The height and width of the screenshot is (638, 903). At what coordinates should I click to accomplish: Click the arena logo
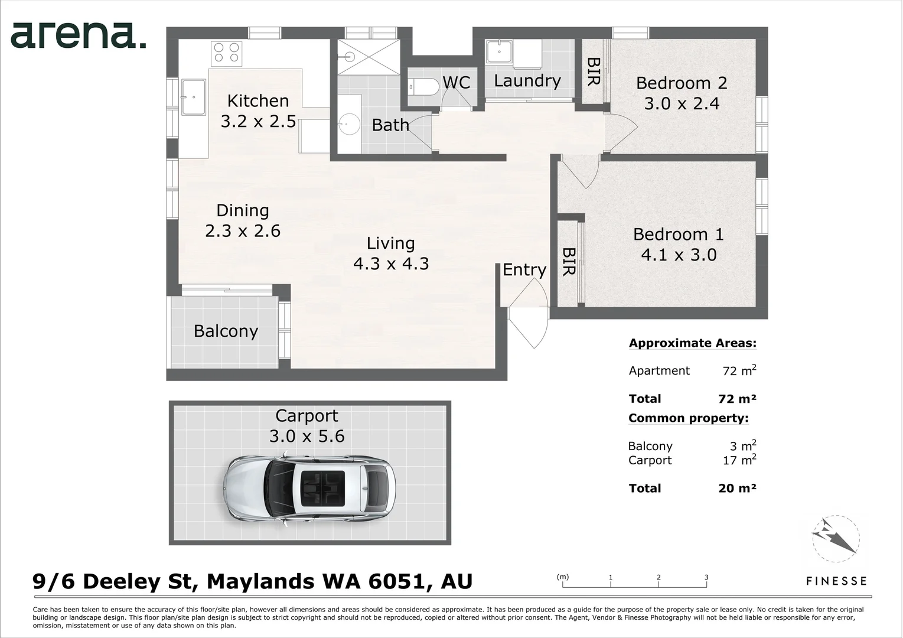click(x=78, y=35)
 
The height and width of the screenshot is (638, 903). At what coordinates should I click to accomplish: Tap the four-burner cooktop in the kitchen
click(x=227, y=54)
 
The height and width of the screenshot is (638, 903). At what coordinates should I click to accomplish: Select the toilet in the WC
click(x=423, y=87)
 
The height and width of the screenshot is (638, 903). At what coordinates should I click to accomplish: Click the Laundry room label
click(x=527, y=81)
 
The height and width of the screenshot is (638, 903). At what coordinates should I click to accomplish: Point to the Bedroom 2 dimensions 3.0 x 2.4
click(x=682, y=103)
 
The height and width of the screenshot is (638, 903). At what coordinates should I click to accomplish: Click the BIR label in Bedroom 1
click(x=569, y=262)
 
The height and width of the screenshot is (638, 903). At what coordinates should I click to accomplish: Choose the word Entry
click(x=524, y=270)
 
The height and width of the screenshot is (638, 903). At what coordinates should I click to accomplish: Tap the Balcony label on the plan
click(x=226, y=331)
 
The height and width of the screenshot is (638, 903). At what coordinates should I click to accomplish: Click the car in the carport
click(x=309, y=489)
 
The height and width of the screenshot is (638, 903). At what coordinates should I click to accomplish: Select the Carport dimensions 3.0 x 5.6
click(x=307, y=437)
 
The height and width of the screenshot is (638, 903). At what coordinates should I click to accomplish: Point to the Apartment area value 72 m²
click(x=739, y=370)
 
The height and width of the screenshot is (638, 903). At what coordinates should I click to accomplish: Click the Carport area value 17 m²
click(x=739, y=460)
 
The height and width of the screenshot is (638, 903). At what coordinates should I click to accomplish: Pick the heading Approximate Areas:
click(x=693, y=343)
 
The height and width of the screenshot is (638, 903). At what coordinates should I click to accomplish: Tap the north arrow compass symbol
click(x=836, y=538)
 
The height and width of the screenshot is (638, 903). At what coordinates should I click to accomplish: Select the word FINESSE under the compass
click(x=836, y=581)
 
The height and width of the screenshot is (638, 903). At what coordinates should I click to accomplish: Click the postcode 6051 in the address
click(x=397, y=581)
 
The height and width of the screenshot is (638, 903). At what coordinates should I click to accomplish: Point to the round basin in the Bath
click(x=348, y=124)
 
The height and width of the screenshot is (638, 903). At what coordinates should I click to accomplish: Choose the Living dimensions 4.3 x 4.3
click(x=391, y=263)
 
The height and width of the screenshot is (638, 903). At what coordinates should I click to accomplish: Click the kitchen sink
click(x=194, y=97)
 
